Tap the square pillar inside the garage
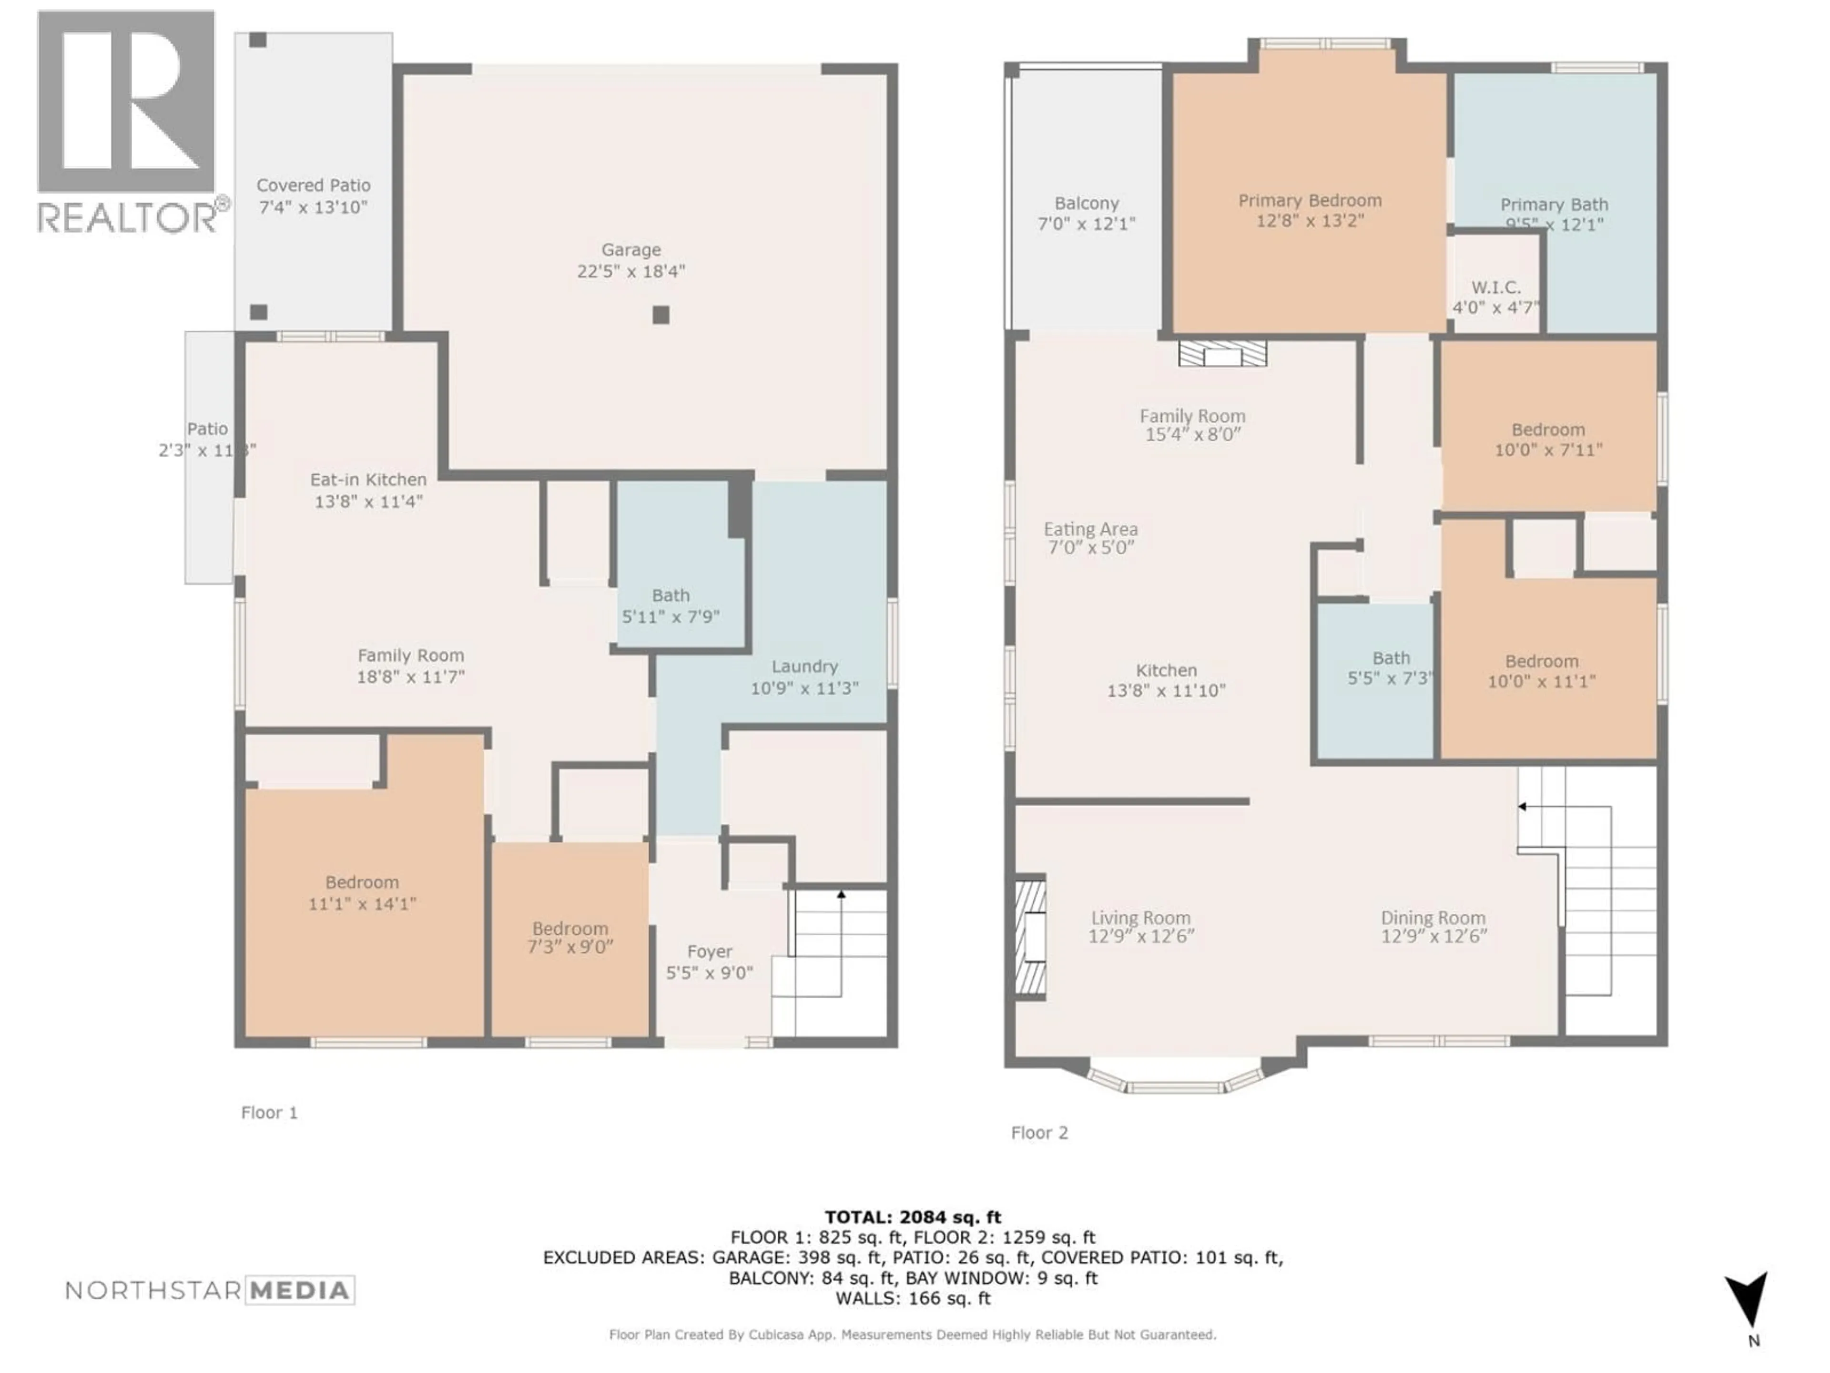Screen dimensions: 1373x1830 click(x=660, y=315)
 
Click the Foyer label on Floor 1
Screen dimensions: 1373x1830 click(x=709, y=952)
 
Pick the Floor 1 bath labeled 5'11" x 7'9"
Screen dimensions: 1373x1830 click(x=670, y=606)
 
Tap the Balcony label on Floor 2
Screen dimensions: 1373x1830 click(x=1086, y=204)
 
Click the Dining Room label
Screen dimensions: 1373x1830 click(x=1433, y=918)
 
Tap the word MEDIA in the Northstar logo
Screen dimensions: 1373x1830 click(x=299, y=1290)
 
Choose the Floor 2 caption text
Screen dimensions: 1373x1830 click(x=1039, y=1133)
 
